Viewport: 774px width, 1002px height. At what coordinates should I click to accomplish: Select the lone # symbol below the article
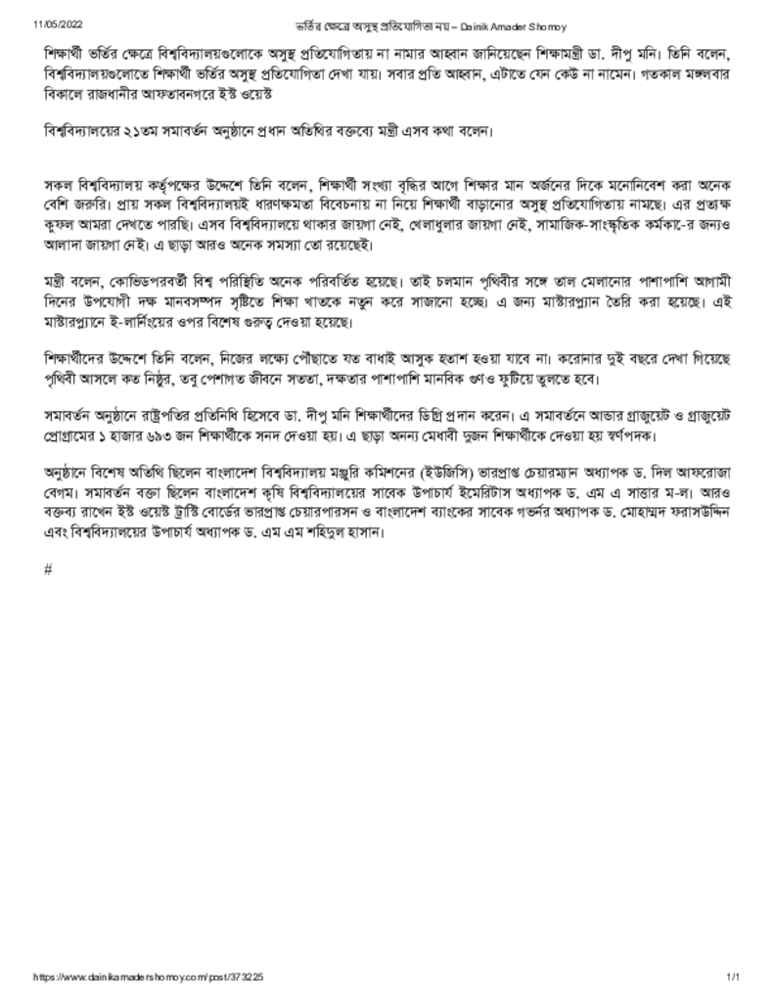(48, 569)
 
